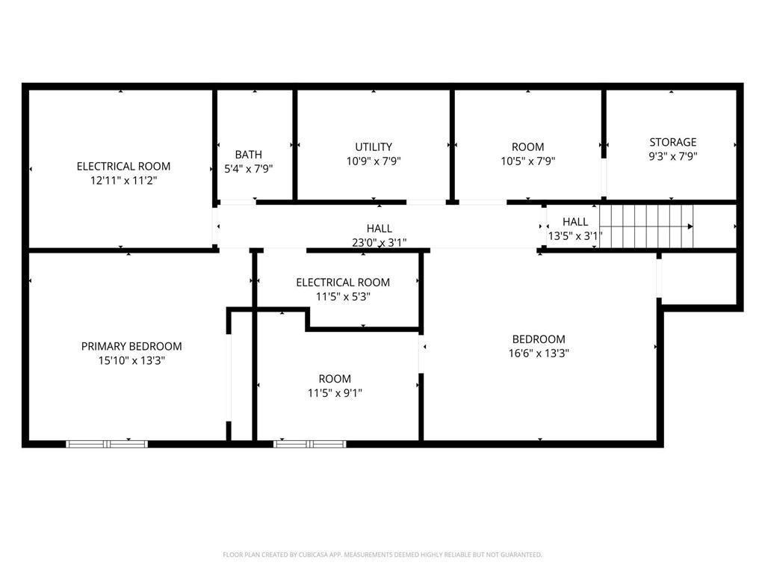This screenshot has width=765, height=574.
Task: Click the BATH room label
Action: point(249,155)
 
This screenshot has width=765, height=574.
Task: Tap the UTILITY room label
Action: point(374,147)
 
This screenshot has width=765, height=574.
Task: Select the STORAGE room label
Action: point(672,142)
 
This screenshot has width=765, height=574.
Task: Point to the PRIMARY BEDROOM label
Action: point(131,346)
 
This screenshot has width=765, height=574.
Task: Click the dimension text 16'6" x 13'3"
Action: point(539,354)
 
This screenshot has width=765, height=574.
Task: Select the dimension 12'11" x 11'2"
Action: point(123,180)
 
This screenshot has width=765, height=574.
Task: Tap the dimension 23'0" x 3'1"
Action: point(380,242)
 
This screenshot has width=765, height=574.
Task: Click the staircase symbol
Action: point(646,226)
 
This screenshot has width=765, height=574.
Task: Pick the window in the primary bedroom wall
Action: point(107,444)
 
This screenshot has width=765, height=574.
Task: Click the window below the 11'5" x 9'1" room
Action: point(309,444)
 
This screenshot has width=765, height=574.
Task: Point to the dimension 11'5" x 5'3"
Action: point(343,296)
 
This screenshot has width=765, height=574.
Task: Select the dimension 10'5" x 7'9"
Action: point(527,161)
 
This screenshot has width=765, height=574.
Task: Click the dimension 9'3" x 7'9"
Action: point(672,156)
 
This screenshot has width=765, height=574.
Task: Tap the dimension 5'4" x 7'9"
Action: point(249,168)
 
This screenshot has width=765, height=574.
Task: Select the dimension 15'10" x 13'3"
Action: point(131,360)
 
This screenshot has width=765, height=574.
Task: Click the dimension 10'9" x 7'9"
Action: point(374,161)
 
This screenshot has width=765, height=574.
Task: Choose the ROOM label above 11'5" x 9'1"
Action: point(335,379)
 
